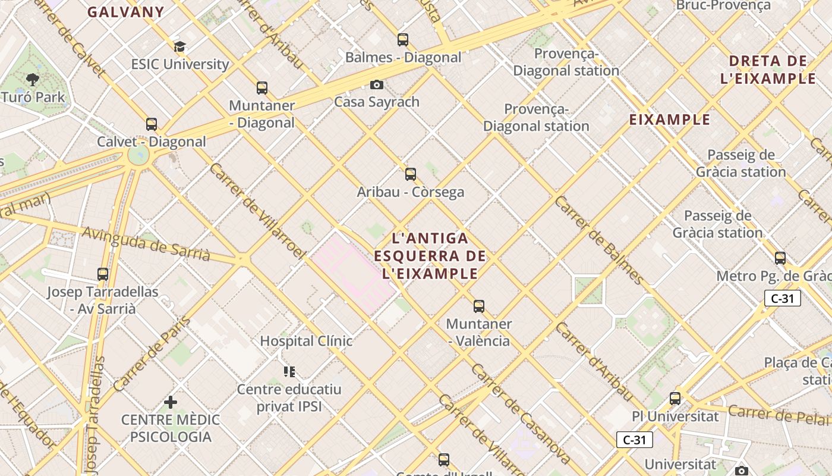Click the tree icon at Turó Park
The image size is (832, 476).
[32, 79]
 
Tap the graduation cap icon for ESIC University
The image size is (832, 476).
[179, 46]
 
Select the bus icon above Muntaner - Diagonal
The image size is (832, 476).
[262, 88]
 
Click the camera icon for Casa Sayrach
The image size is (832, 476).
[376, 84]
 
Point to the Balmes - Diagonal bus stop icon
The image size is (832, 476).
[403, 40]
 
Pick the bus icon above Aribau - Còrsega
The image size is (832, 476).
[411, 174]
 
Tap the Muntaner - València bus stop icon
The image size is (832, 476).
[479, 306]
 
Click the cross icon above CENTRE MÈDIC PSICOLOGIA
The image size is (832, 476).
[171, 402]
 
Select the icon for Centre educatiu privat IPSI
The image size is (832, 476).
[289, 372]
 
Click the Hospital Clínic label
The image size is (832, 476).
[306, 341]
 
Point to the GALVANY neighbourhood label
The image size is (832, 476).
[126, 12]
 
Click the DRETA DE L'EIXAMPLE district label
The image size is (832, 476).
[768, 70]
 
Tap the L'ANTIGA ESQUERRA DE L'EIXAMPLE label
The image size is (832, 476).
[430, 256]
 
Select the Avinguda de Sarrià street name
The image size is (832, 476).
[146, 244]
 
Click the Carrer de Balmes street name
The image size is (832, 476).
[599, 240]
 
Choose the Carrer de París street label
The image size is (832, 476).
[152, 355]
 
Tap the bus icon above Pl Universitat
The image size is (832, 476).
[675, 399]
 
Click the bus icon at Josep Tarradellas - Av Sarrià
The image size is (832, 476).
[103, 274]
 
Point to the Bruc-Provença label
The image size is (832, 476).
[723, 5]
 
